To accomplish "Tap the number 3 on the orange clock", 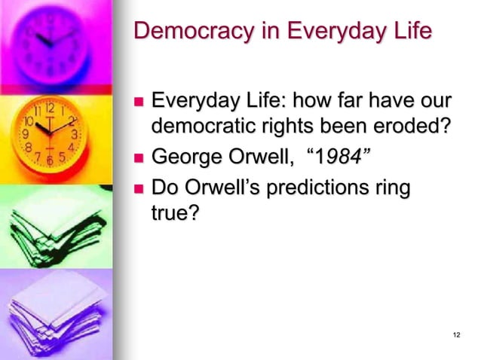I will (x=74, y=134).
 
